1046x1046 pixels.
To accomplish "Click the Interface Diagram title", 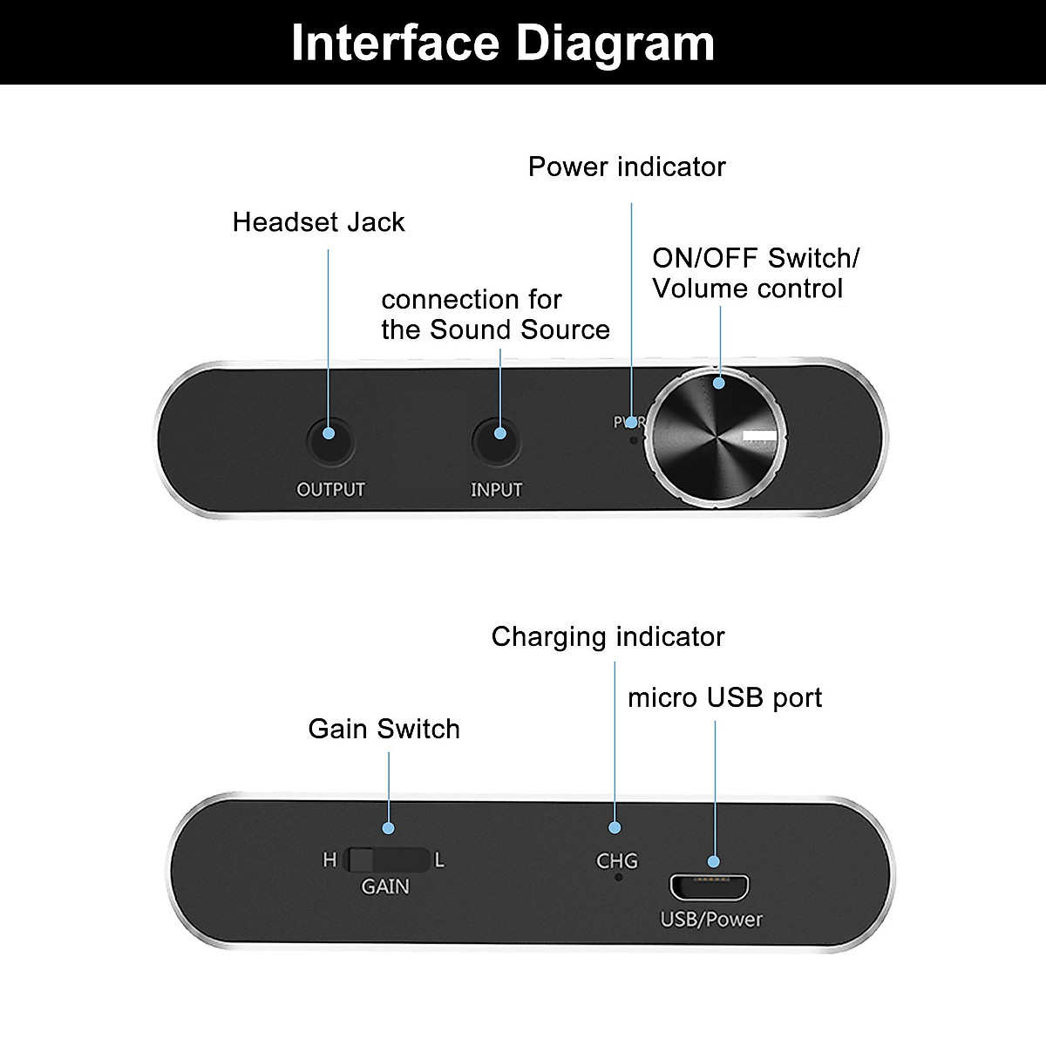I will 503,43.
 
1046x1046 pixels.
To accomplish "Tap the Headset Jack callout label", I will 318,222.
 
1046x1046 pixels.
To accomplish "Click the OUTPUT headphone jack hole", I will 330,441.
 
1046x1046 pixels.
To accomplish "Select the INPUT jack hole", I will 497,441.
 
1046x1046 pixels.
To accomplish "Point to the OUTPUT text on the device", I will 330,490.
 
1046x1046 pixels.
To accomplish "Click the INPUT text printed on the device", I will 496,490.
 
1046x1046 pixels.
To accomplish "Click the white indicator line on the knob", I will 758,437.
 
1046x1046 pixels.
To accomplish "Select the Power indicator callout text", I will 627,166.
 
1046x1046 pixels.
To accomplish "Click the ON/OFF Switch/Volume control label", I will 755,273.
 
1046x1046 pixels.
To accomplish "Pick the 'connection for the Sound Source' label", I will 495,315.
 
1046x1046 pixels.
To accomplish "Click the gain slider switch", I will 388,859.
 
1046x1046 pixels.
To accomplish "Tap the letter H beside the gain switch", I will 329,860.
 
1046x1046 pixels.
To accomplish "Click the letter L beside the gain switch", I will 439,860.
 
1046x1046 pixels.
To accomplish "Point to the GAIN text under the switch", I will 385,886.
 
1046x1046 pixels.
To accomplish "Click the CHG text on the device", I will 617,861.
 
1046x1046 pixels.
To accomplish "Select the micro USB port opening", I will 710,886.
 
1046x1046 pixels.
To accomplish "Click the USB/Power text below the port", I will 711,920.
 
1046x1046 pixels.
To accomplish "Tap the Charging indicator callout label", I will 608,637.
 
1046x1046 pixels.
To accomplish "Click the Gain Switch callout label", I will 384,729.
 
